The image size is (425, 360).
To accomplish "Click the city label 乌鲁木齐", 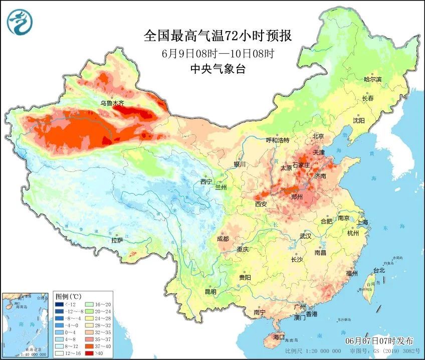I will [112, 103].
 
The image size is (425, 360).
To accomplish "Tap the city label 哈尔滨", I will [372, 79].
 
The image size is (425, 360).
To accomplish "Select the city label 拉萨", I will [117, 240].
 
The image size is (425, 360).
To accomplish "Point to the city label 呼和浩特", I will [277, 140].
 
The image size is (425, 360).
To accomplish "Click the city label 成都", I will [223, 239].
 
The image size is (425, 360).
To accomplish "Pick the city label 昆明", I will [210, 292].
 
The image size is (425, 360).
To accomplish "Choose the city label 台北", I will [379, 270].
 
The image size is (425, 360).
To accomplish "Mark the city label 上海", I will [362, 222].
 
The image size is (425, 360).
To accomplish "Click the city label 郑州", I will [297, 197].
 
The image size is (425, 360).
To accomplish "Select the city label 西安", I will [261, 204].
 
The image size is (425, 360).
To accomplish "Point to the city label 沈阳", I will [359, 120].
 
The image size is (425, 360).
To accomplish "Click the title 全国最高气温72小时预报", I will [218, 36].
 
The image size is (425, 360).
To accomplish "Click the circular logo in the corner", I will [20, 22].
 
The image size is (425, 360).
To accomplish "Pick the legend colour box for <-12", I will [59, 304].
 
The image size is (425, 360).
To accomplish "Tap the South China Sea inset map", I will [26, 324].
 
